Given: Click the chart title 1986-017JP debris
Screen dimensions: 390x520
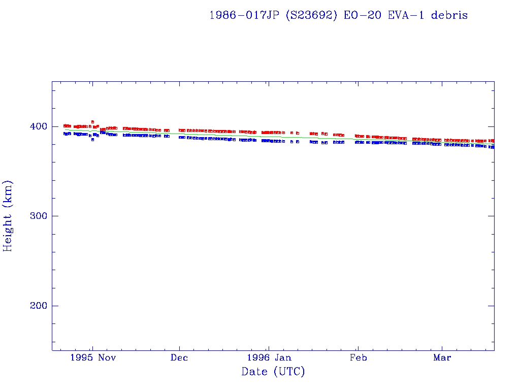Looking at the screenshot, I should pyautogui.click(x=338, y=15).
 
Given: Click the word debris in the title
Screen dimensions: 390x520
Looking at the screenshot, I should pyautogui.click(x=449, y=15).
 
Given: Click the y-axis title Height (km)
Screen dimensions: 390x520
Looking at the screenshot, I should pyautogui.click(x=8, y=216).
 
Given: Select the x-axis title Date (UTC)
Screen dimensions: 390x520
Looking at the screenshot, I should pyautogui.click(x=273, y=372).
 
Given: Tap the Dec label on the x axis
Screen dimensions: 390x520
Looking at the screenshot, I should pyautogui.click(x=179, y=358).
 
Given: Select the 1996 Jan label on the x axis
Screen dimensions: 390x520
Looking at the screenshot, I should pyautogui.click(x=269, y=358).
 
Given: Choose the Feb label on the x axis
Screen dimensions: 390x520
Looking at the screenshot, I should pyautogui.click(x=358, y=358).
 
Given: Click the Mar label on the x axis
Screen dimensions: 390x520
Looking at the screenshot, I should pyautogui.click(x=442, y=358).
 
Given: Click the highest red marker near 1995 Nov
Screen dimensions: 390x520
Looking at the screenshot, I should pyautogui.click(x=92, y=122).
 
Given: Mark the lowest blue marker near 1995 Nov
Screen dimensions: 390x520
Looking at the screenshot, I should pyautogui.click(x=92, y=140).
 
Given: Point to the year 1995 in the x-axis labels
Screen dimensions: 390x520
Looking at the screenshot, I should pyautogui.click(x=82, y=358).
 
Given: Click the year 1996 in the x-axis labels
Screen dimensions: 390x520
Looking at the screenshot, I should pyautogui.click(x=258, y=358).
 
